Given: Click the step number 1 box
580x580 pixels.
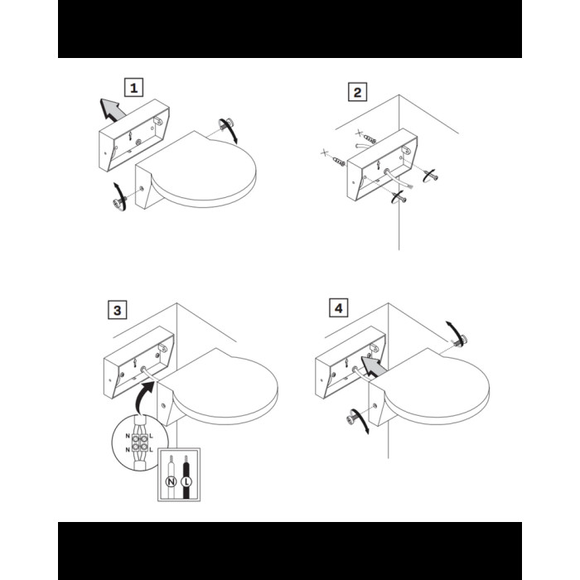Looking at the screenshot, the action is tap(133, 88).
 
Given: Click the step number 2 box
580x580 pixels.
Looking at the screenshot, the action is tap(357, 92).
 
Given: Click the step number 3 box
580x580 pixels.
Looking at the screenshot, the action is tap(118, 310).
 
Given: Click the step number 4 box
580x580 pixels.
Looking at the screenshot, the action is tap(338, 307).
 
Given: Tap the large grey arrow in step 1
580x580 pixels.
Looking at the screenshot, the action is tap(112, 109).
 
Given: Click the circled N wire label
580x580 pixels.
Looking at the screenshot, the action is tap(171, 481).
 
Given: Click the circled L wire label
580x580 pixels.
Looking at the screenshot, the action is tap(186, 481).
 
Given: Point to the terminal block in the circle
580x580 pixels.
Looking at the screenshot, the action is tap(139, 442).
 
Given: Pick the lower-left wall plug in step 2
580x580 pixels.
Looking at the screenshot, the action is tap(338, 161).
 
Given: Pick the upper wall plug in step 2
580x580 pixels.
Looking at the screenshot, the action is tap(370, 139).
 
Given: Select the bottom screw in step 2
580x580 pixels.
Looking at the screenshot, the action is tap(400, 199).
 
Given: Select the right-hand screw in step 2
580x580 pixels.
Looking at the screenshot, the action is tap(432, 176).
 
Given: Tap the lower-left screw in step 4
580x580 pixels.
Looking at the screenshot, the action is tap(352, 419).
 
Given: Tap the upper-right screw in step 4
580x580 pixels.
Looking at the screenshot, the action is tap(461, 340).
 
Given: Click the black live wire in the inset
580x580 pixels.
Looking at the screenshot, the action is tap(186, 477).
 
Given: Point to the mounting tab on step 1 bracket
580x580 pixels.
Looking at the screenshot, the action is tap(159, 121).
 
